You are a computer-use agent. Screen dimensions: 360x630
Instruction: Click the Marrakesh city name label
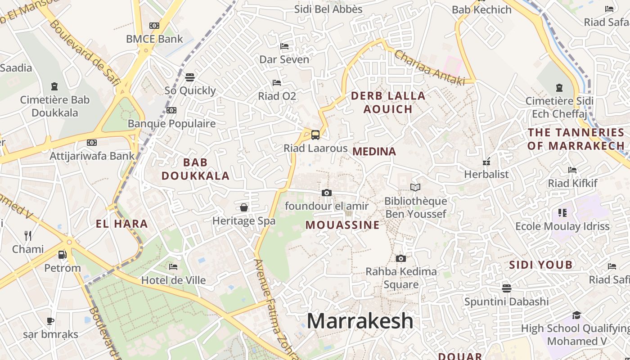(360, 321)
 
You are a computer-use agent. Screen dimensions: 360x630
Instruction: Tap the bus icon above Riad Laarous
(315, 135)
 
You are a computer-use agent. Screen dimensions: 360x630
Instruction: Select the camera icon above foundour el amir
(327, 193)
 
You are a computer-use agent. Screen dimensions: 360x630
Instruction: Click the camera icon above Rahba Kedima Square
(400, 258)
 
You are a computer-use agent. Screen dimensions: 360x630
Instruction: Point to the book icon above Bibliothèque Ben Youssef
(415, 187)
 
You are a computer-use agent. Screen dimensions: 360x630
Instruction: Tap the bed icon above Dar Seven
(284, 46)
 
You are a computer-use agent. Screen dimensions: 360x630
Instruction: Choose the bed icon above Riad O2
(277, 82)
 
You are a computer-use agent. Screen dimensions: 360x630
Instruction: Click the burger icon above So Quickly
(190, 77)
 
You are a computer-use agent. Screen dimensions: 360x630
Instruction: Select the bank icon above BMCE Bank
(154, 26)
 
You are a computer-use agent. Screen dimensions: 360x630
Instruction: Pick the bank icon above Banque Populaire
(171, 110)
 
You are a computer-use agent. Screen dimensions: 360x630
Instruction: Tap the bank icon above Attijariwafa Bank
(92, 143)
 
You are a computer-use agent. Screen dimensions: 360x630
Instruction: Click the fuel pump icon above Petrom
(63, 255)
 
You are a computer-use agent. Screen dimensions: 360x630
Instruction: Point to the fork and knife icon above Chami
(28, 235)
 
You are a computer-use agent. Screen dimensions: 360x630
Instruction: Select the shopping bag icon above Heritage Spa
(244, 207)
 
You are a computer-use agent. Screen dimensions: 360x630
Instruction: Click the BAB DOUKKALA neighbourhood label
(196, 169)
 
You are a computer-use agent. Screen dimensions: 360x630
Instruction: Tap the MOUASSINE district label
(342, 225)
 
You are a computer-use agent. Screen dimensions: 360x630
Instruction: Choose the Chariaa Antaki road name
(429, 67)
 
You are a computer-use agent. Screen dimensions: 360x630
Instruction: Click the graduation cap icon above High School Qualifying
(576, 315)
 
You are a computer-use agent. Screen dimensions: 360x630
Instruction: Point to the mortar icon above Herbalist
(486, 161)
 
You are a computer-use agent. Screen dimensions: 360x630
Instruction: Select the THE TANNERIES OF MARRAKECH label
(576, 139)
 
